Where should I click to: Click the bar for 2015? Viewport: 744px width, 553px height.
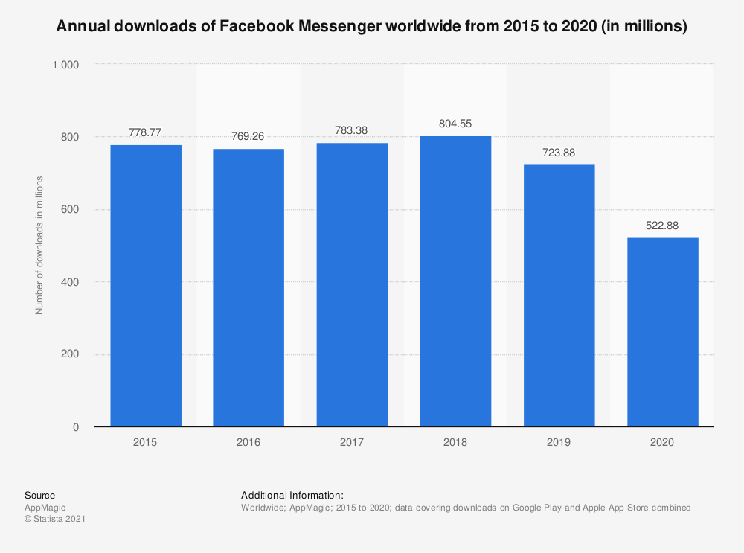tap(146, 286)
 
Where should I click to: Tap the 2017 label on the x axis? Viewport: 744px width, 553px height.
tap(352, 442)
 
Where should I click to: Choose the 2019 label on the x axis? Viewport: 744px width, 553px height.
tap(559, 442)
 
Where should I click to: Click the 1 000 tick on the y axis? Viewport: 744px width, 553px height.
tap(65, 65)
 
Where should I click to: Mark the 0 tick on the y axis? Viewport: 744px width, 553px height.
tap(76, 427)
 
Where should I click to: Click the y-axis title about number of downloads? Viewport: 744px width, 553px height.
tap(39, 245)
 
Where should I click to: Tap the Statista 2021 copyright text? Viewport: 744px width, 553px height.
tap(55, 520)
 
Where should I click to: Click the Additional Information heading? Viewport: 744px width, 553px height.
tap(292, 495)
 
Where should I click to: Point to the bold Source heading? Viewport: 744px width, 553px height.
tap(39, 495)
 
